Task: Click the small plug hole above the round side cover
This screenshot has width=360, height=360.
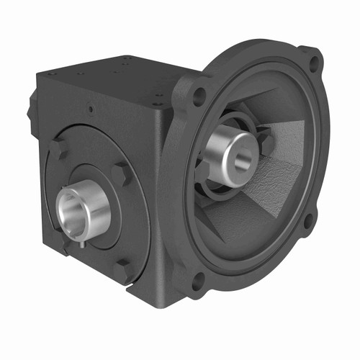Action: (x=91, y=110)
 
